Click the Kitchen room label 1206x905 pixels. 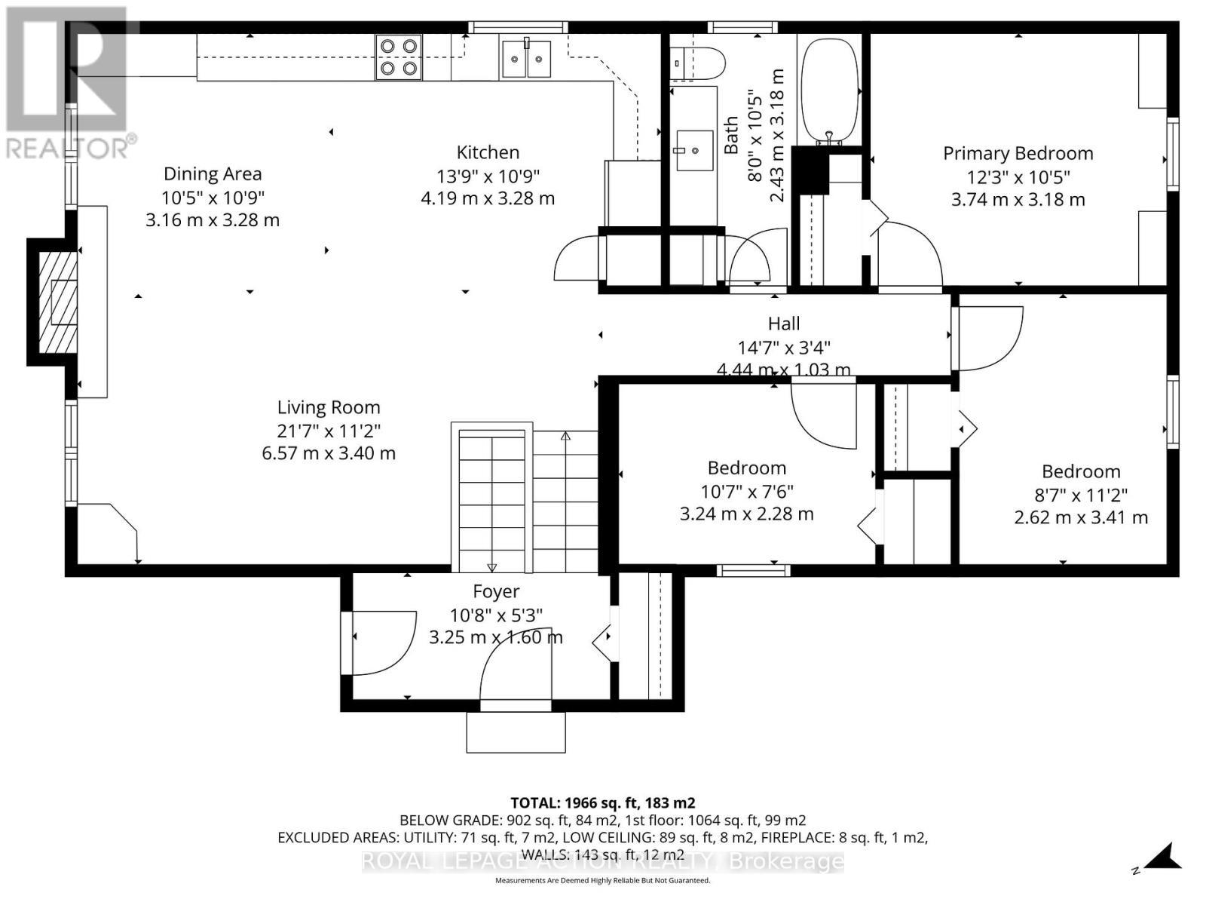pyautogui.click(x=488, y=152)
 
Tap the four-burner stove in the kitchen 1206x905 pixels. pyautogui.click(x=398, y=57)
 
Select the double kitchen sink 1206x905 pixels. pyautogui.click(x=526, y=59)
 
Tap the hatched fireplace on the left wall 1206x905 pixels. pyautogui.click(x=58, y=302)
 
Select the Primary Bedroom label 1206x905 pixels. pyautogui.click(x=1018, y=154)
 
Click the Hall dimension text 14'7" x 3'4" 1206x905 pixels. pyautogui.click(x=784, y=348)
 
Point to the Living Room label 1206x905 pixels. pyautogui.click(x=329, y=408)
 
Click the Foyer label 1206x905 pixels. pyautogui.click(x=496, y=592)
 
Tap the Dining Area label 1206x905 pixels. pyautogui.click(x=213, y=174)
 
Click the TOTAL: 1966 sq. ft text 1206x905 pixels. pyautogui.click(x=602, y=802)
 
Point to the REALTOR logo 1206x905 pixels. pyautogui.click(x=68, y=83)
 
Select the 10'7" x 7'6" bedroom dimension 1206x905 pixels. pyautogui.click(x=746, y=492)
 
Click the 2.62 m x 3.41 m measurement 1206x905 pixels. pyautogui.click(x=1081, y=517)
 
